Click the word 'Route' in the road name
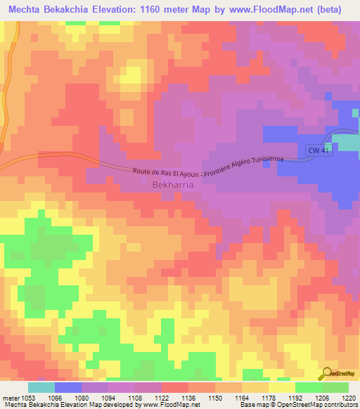point(143,171)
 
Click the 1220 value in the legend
point(349,396)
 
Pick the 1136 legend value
point(188,396)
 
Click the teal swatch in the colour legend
point(41,387)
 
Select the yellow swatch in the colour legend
point(281,387)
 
